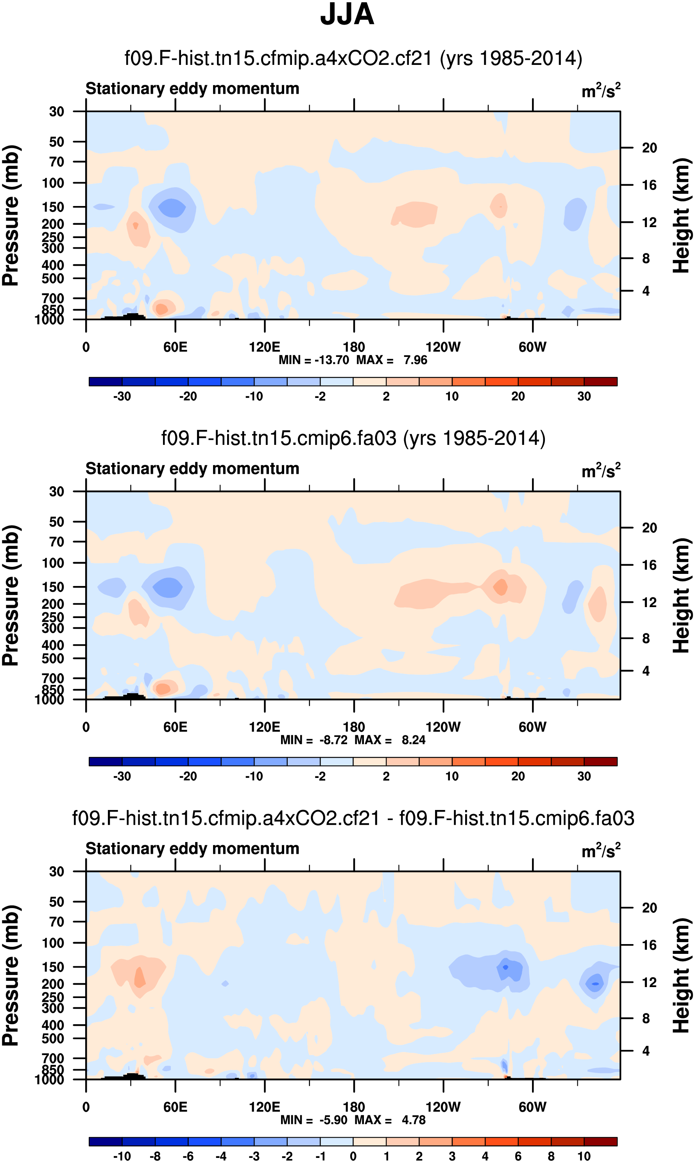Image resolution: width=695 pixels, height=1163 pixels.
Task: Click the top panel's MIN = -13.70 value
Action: pos(314,360)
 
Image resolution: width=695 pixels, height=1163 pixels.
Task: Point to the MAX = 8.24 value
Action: pos(390,740)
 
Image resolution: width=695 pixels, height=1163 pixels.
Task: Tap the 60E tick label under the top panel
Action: pos(175,347)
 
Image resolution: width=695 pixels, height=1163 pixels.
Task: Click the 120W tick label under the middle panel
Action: pos(443,727)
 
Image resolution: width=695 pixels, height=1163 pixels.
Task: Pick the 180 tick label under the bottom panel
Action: pos(354,1107)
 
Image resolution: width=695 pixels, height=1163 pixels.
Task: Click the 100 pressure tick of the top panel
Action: pos(53,183)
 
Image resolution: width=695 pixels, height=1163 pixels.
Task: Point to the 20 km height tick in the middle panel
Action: pos(649,528)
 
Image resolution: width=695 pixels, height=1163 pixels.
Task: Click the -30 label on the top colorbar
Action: pos(122,396)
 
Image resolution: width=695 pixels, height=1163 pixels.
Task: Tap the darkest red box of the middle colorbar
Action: pos(600,762)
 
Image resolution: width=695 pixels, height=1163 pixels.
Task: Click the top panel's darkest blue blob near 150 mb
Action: pos(172,207)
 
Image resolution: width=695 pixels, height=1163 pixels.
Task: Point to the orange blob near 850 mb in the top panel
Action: pos(161,309)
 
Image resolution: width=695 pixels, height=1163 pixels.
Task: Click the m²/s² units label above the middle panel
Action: pos(601,470)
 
